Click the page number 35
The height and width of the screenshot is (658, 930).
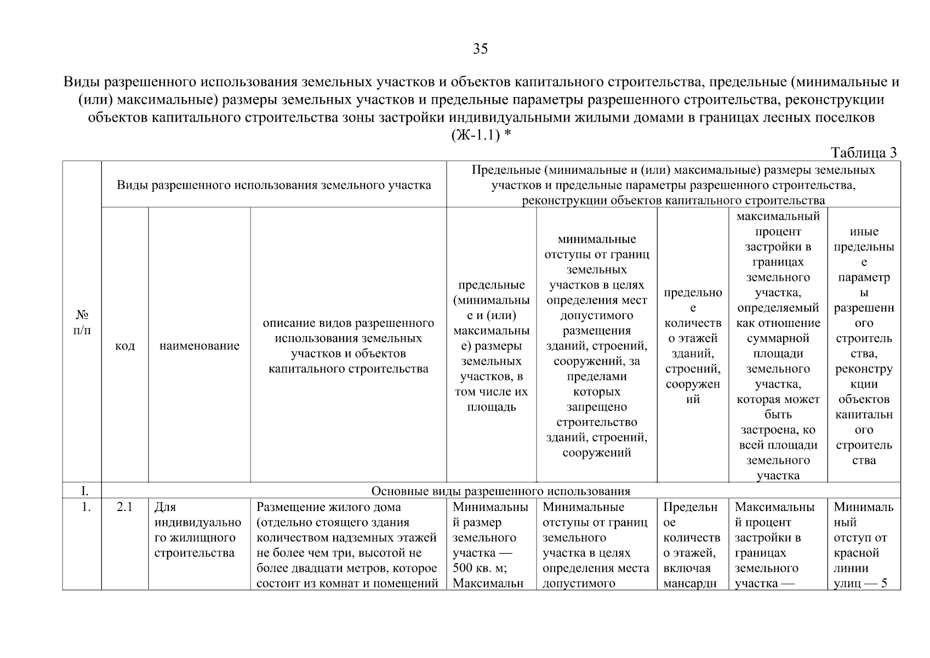click(480, 49)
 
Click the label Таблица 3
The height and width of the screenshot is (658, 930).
click(863, 153)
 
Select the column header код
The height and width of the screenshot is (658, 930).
click(125, 346)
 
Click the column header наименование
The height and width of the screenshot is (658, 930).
click(199, 346)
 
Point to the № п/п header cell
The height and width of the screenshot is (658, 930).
click(82, 322)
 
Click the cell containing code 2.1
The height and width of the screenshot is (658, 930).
click(125, 507)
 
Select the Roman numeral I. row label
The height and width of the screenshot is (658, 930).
click(82, 491)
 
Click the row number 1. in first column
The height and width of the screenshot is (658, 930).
click(85, 507)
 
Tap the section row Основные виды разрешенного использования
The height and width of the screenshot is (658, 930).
click(500, 491)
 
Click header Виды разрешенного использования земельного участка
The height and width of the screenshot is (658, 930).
click(274, 185)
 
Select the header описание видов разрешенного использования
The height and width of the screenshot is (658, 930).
click(349, 346)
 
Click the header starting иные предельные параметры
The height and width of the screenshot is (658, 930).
click(864, 346)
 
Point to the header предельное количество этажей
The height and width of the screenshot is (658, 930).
click(693, 346)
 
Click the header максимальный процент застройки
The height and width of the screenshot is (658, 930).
click(778, 346)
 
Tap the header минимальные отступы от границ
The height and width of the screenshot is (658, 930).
click(597, 346)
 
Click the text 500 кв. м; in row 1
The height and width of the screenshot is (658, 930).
click(475, 568)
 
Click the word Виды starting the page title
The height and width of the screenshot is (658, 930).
click(82, 83)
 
